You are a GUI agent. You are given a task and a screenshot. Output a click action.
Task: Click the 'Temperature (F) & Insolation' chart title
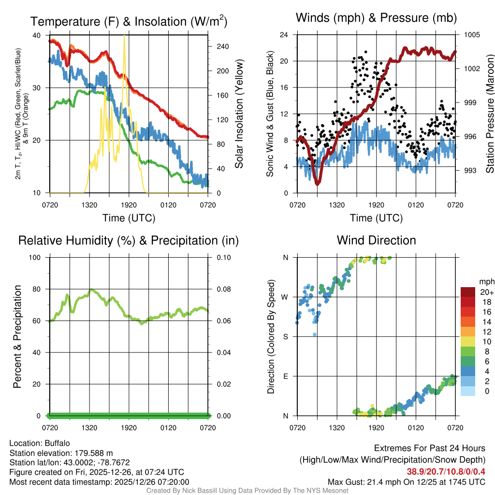[x=129, y=22]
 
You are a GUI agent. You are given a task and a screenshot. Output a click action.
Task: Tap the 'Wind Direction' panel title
[x=376, y=240]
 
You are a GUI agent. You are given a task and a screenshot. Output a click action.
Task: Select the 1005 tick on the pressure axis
[x=471, y=35]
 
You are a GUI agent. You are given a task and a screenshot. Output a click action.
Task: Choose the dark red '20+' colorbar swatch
[x=468, y=292]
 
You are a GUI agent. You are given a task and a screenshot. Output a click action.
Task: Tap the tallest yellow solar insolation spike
[x=125, y=37]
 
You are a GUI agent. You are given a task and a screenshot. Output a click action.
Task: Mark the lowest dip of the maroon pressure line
[x=318, y=183]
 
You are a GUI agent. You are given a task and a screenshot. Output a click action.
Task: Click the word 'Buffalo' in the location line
[x=58, y=443]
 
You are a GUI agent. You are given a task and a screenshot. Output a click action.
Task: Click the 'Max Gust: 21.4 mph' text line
[x=406, y=481]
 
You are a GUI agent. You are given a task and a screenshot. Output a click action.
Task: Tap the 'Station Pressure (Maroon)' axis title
[x=489, y=114]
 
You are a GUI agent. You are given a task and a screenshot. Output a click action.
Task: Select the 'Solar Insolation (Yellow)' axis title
[x=239, y=114]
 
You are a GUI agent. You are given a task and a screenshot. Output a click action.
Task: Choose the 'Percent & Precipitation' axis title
[x=17, y=336]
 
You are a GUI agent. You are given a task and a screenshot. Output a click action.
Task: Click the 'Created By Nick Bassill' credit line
[x=247, y=491]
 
